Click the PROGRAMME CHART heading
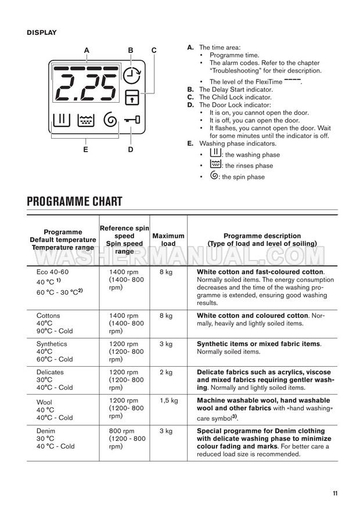tap(74, 201)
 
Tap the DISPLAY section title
tap(41, 32)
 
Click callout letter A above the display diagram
tap(87, 50)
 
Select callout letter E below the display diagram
tap(85, 150)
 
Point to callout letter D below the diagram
tap(131, 150)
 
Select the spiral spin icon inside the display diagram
tap(109, 120)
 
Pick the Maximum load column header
tap(168, 240)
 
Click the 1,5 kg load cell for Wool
tap(168, 400)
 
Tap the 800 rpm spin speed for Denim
tap(124, 431)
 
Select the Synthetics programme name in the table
tap(52, 343)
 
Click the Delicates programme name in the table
tap(51, 372)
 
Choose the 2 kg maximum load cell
tap(165, 372)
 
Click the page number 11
tap(335, 493)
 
